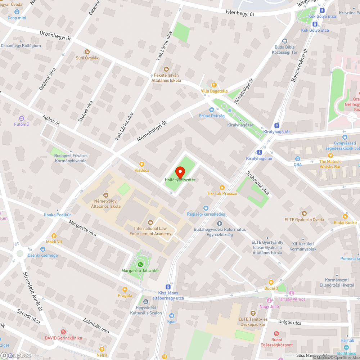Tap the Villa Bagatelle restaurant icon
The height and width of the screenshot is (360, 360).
click(x=214, y=85)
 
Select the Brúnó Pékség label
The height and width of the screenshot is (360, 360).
click(x=212, y=116)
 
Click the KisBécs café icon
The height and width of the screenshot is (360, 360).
click(x=142, y=164)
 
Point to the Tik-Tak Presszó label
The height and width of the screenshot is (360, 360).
click(x=222, y=193)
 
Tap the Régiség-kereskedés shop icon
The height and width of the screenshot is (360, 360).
click(x=206, y=208)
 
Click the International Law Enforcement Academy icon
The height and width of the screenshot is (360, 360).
click(x=150, y=222)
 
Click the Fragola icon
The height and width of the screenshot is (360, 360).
click(x=125, y=289)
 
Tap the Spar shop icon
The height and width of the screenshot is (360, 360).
click(x=171, y=316)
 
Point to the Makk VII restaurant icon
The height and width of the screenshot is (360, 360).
click(x=54, y=236)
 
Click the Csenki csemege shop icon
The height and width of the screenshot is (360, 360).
click(x=43, y=249)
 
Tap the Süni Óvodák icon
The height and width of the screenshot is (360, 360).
click(x=87, y=52)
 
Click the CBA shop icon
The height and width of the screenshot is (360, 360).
click(x=297, y=159)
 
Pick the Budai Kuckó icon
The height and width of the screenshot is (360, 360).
click(x=345, y=216)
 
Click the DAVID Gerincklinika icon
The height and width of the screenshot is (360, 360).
click(x=63, y=332)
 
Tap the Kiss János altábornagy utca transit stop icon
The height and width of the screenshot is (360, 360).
click(x=168, y=287)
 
